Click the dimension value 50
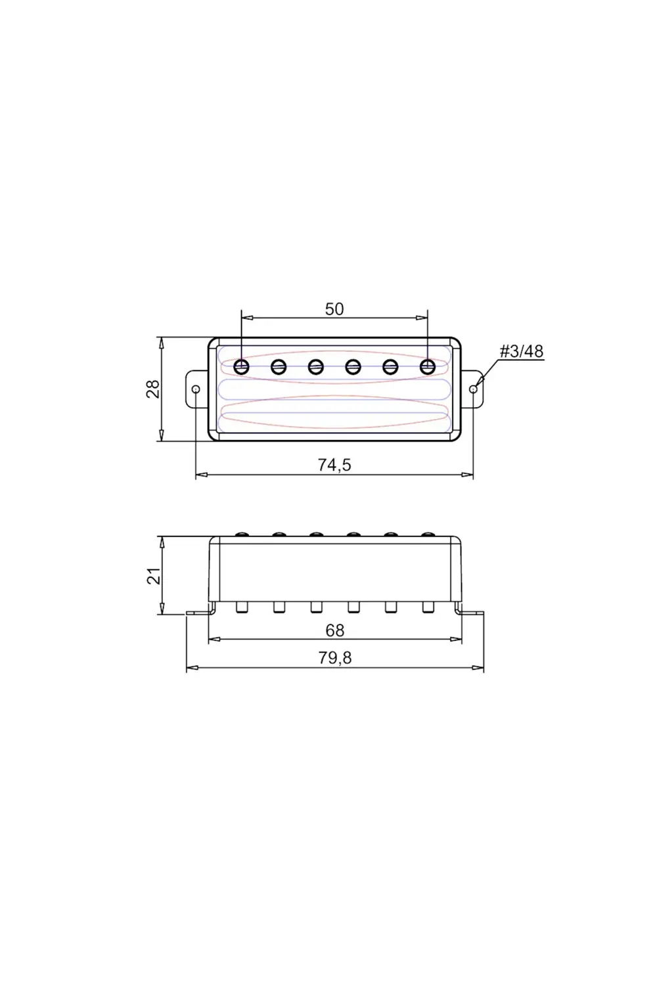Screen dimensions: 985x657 pos(334,309)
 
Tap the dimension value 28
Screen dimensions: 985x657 pos(152,389)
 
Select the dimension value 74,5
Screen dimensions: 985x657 pos(334,465)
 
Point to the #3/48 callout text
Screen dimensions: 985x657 pos(522,351)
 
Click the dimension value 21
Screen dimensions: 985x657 pos(152,576)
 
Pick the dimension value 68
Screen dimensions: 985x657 pos(334,630)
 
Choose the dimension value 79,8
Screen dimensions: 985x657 pos(334,658)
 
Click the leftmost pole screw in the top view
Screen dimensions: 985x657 pos(242,366)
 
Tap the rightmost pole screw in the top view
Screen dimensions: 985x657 pos(428,366)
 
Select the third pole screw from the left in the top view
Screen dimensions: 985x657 pos(316,366)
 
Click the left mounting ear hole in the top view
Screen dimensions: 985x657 pos(196,389)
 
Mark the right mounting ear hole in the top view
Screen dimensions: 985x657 pos(474,389)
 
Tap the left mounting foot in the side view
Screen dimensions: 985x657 pos(198,613)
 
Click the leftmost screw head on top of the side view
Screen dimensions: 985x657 pos(242,535)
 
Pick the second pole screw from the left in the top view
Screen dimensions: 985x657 pos(279,366)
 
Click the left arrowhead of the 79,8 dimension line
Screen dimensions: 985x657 pos(190,668)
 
